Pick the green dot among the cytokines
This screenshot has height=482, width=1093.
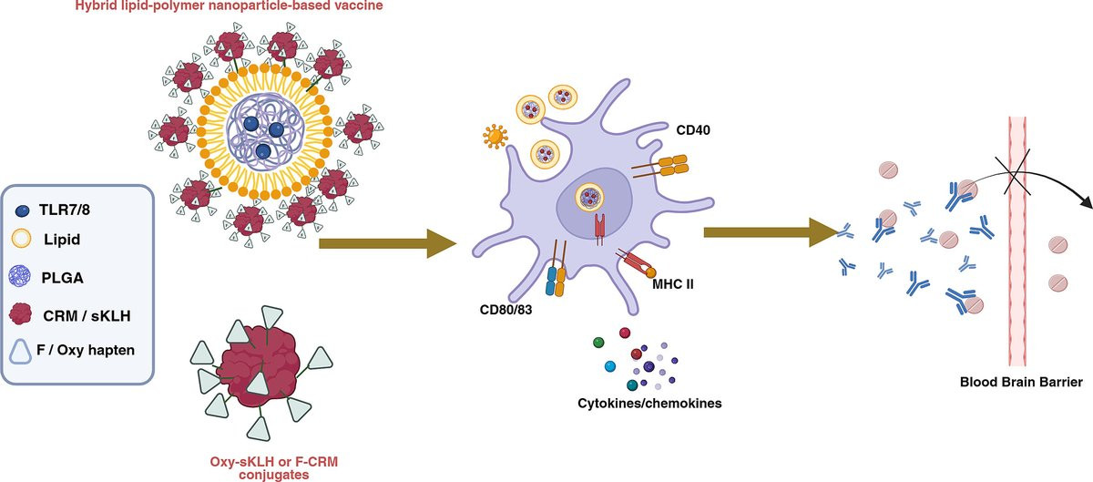pyautogui.click(x=598, y=343)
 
